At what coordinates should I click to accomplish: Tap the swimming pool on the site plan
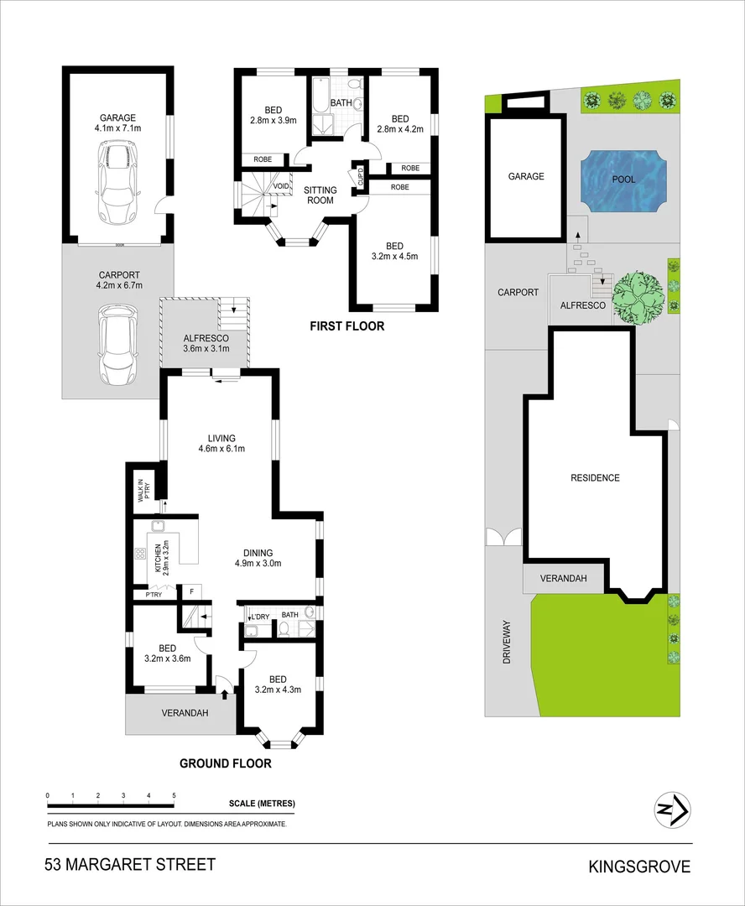(x=623, y=180)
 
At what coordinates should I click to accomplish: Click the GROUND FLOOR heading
(x=226, y=763)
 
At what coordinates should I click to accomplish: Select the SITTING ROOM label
(x=320, y=195)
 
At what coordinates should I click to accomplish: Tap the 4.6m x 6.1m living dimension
(x=216, y=449)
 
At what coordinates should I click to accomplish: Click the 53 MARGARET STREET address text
(x=131, y=865)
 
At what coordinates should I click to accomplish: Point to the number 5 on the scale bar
(x=174, y=795)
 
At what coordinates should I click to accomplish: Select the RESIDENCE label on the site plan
(x=595, y=478)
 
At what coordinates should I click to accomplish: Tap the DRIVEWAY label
(x=506, y=642)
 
